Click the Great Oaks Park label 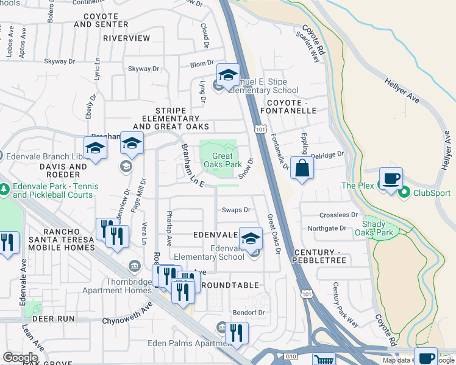(x=223, y=161)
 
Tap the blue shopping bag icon (x=302, y=167)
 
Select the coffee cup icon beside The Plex (x=391, y=179)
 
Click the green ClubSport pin (x=403, y=193)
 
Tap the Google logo (x=20, y=358)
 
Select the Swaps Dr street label (x=236, y=210)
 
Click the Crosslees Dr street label (x=338, y=215)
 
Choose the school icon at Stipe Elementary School (x=228, y=75)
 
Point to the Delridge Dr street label (x=328, y=156)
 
